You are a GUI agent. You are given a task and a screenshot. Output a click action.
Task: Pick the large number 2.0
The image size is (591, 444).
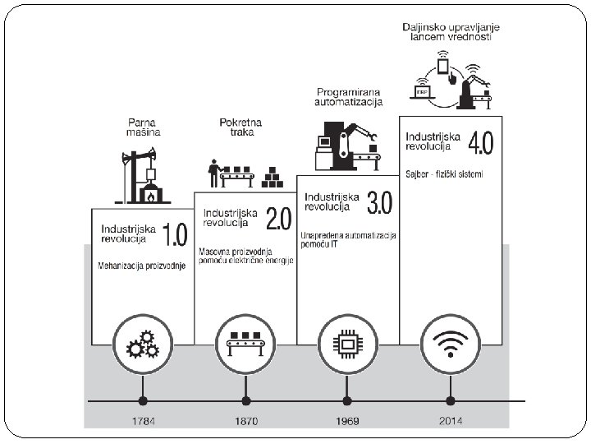click(277, 218)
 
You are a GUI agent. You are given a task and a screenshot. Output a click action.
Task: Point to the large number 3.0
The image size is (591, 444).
click(379, 202)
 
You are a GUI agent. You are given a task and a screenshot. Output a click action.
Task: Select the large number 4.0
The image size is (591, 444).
click(480, 142)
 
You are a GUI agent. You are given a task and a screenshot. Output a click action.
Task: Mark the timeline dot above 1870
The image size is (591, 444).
click(245, 401)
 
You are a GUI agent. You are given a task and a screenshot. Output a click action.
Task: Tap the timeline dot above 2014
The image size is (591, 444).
click(450, 401)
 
